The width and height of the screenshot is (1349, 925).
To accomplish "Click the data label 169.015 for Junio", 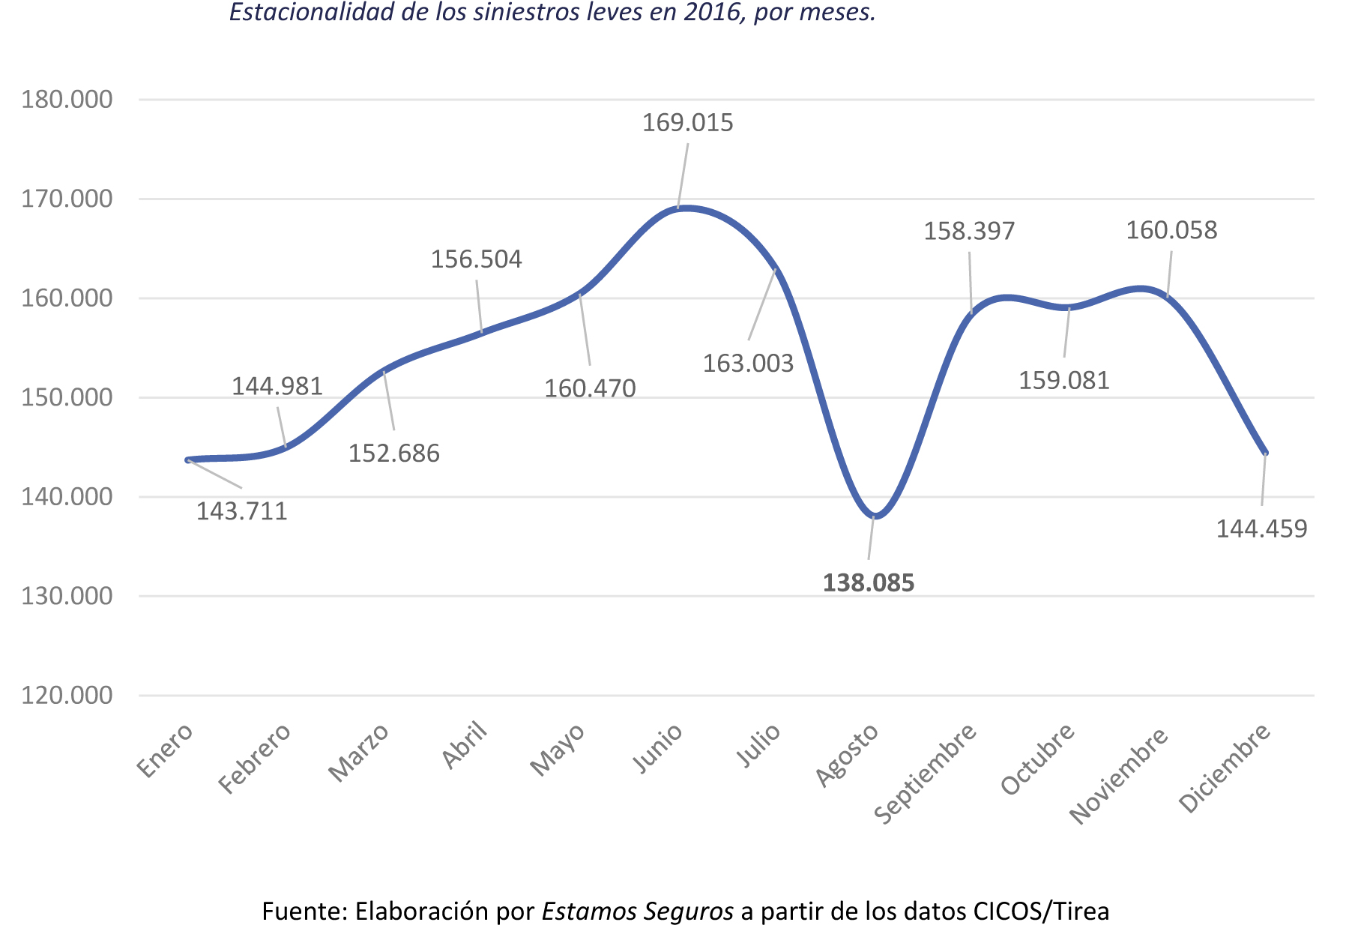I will (x=687, y=123).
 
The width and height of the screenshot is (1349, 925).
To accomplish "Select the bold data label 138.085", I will (x=869, y=583).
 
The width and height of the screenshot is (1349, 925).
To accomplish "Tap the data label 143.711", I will (x=241, y=511).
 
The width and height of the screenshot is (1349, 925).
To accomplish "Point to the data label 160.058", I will (x=1171, y=230).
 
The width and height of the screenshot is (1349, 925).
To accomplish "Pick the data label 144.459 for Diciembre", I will (x=1261, y=529).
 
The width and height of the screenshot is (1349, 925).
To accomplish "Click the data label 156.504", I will (x=476, y=259).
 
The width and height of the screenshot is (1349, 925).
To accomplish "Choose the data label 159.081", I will (x=1063, y=381).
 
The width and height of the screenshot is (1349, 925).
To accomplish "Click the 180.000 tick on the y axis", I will (x=67, y=99).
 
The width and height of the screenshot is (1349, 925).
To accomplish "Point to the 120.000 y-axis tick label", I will (x=67, y=696).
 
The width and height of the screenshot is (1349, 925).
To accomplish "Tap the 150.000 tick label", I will (x=67, y=397).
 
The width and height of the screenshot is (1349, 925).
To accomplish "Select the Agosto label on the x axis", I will (x=847, y=755).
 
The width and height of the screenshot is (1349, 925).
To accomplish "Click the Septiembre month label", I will (x=926, y=773).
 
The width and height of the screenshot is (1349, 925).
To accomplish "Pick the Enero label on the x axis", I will (x=166, y=751).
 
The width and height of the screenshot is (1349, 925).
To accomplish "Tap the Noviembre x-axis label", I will (x=1119, y=774).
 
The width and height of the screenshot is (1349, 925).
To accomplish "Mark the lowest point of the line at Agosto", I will (x=875, y=516).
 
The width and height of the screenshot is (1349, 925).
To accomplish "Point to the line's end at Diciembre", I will (x=1265, y=453).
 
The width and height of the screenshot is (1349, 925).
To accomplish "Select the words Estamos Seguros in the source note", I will (x=637, y=912).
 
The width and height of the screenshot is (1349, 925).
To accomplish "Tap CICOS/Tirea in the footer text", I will (x=1041, y=912).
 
